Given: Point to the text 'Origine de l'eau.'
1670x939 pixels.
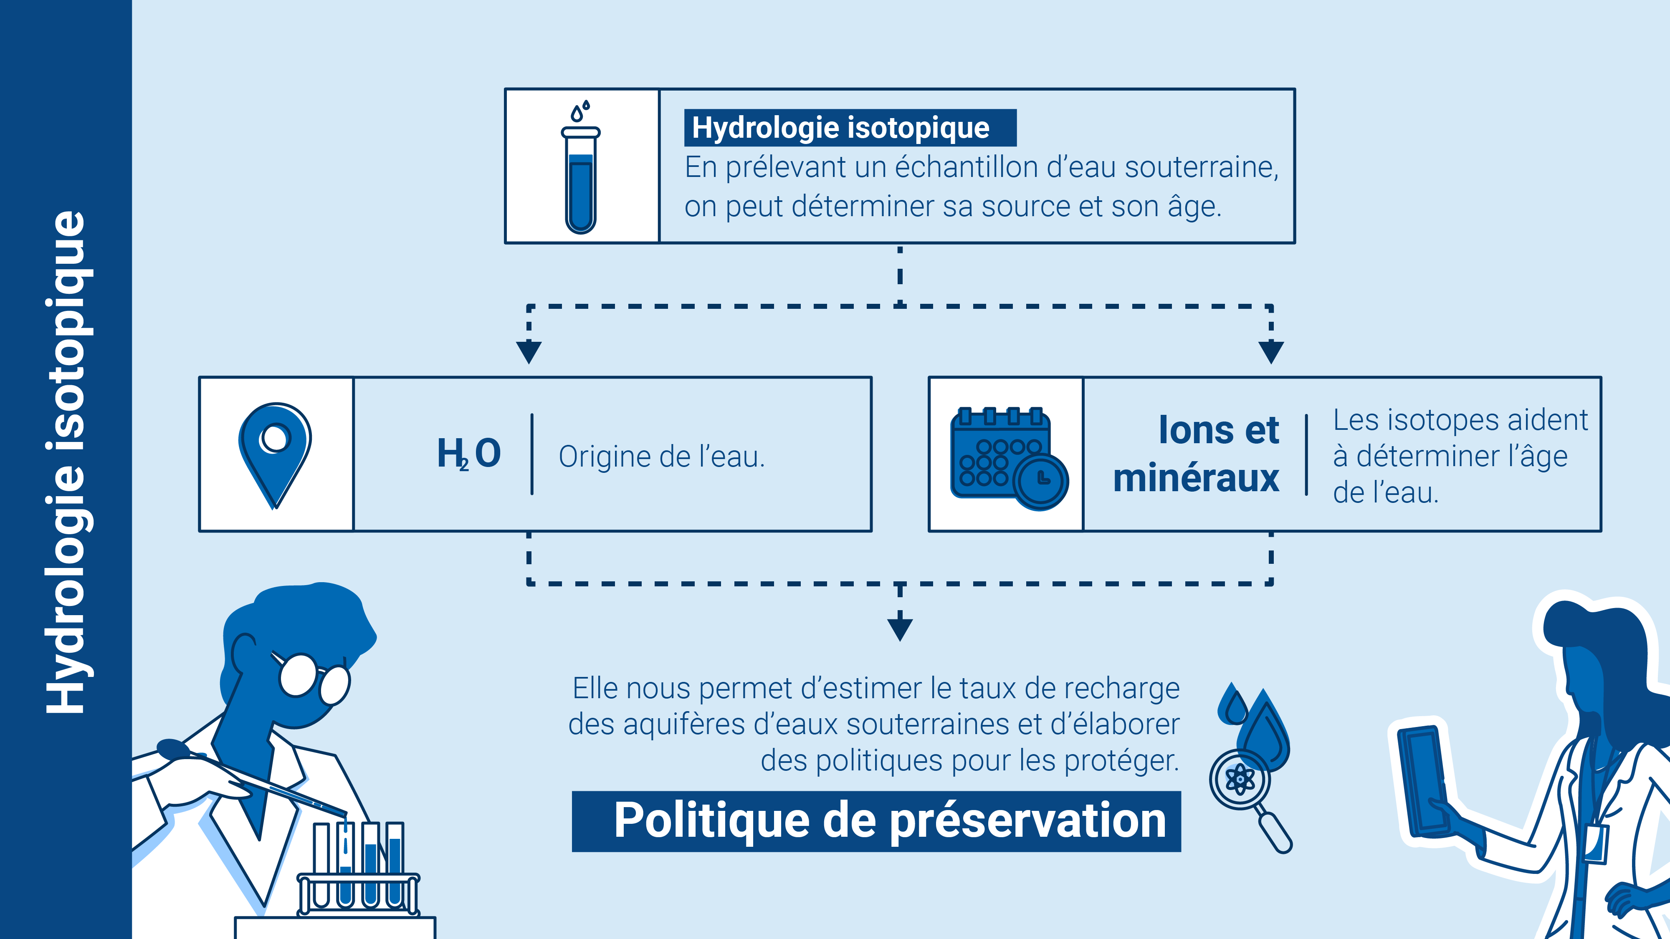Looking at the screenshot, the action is click(x=662, y=457).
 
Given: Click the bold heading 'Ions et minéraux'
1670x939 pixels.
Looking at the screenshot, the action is click(x=1196, y=454).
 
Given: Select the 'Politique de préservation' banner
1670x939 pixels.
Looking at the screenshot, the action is click(x=876, y=821).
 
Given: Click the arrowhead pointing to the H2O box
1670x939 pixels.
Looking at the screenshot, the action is click(x=529, y=352).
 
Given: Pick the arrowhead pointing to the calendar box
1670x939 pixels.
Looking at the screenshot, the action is click(x=1270, y=352).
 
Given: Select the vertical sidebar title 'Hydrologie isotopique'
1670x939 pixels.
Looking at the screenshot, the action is click(x=66, y=462).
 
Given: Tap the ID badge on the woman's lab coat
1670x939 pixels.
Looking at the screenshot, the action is click(x=1595, y=843).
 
